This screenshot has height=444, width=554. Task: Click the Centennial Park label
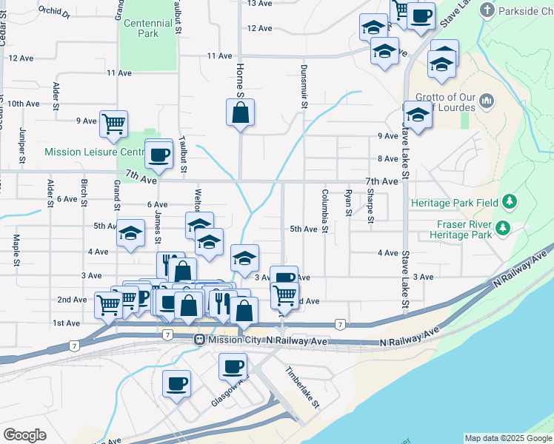(148, 28)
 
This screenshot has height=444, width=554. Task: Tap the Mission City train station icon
(198, 340)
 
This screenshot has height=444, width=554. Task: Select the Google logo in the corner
(24, 435)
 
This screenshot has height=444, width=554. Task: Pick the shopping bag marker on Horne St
(240, 112)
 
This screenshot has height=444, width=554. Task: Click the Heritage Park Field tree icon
(509, 201)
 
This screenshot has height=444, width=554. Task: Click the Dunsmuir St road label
(304, 87)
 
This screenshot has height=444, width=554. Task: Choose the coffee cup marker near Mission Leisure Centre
(158, 154)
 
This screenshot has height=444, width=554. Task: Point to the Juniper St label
(22, 145)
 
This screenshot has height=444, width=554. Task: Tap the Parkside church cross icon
(487, 10)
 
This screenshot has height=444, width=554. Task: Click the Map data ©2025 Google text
(508, 438)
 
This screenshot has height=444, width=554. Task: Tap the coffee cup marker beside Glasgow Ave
(233, 366)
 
